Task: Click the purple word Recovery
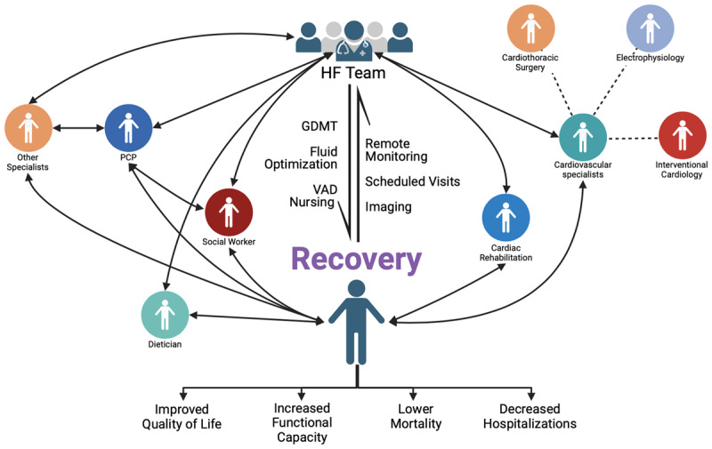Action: (x=357, y=260)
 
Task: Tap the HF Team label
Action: (x=353, y=73)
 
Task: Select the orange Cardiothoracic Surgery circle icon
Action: (x=530, y=28)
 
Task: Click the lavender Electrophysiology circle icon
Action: (x=651, y=28)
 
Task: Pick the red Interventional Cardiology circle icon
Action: (x=683, y=136)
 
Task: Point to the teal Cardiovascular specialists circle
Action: (x=583, y=138)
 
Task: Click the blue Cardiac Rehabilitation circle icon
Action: (x=506, y=217)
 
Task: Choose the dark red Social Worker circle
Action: (x=229, y=212)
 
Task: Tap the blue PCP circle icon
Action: (x=128, y=128)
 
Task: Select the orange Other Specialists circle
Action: (x=28, y=128)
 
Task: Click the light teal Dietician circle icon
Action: (x=165, y=315)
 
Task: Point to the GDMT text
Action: (x=320, y=126)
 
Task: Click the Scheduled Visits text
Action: (x=413, y=181)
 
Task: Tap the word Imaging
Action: (x=389, y=207)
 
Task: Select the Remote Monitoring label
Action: (x=396, y=150)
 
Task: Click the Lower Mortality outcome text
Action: (x=416, y=416)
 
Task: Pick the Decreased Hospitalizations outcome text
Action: (x=530, y=416)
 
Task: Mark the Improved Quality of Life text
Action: (x=182, y=417)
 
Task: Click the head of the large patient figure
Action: (x=357, y=288)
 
